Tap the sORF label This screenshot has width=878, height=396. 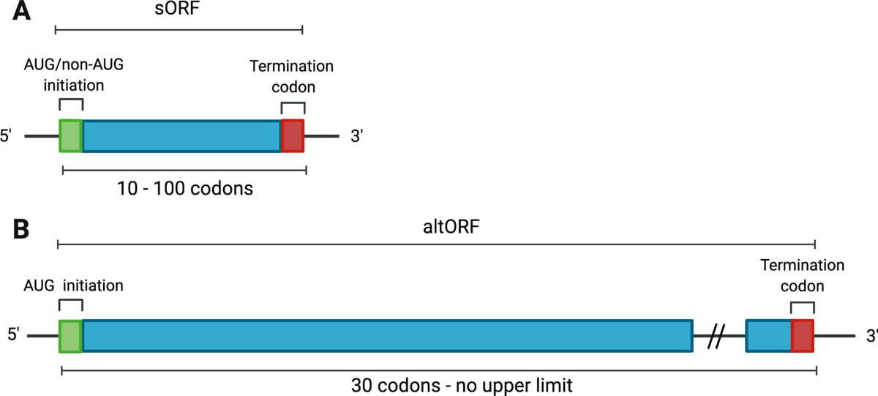180,11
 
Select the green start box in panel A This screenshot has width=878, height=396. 71,136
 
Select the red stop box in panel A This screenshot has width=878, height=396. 293,136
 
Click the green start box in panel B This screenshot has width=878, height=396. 71,336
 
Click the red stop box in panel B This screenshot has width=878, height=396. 803,336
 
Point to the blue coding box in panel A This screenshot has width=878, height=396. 181,136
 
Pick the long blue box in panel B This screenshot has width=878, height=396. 387,336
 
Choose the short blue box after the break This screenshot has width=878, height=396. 768,336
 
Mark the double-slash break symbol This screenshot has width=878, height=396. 718,337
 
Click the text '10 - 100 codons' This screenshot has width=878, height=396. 184,188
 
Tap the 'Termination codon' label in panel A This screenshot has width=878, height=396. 291,76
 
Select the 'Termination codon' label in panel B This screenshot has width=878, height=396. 802,276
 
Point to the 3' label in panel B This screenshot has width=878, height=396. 870,337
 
